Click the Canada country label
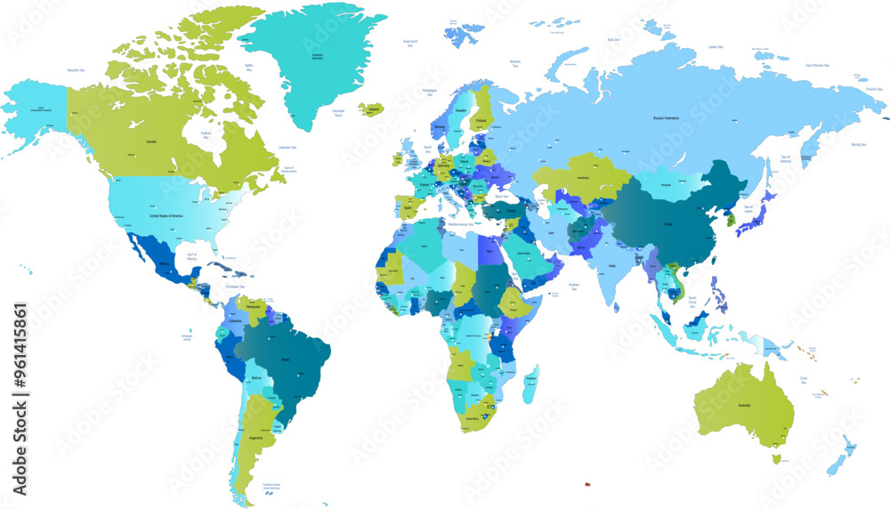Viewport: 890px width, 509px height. [151, 141]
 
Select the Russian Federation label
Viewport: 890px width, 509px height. [666, 117]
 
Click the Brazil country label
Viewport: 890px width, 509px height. [286, 359]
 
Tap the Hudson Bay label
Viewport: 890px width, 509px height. [206, 135]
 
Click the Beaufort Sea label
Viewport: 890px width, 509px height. [76, 69]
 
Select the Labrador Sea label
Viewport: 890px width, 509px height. [287, 146]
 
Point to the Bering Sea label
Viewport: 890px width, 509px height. [858, 143]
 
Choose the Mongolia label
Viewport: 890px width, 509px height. [667, 183]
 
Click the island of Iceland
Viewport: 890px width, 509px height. [373, 109]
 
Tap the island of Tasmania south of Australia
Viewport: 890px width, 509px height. [776, 458]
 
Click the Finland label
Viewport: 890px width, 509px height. [481, 120]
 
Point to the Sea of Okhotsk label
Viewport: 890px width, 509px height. [785, 158]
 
